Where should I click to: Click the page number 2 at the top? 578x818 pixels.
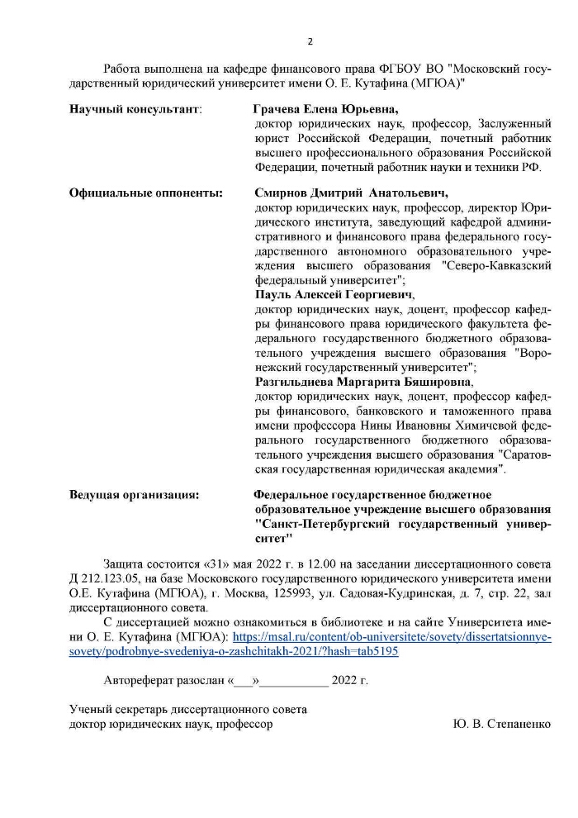point(310,42)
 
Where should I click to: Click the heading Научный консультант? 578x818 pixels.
point(135,109)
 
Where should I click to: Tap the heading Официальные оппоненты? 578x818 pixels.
point(146,193)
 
